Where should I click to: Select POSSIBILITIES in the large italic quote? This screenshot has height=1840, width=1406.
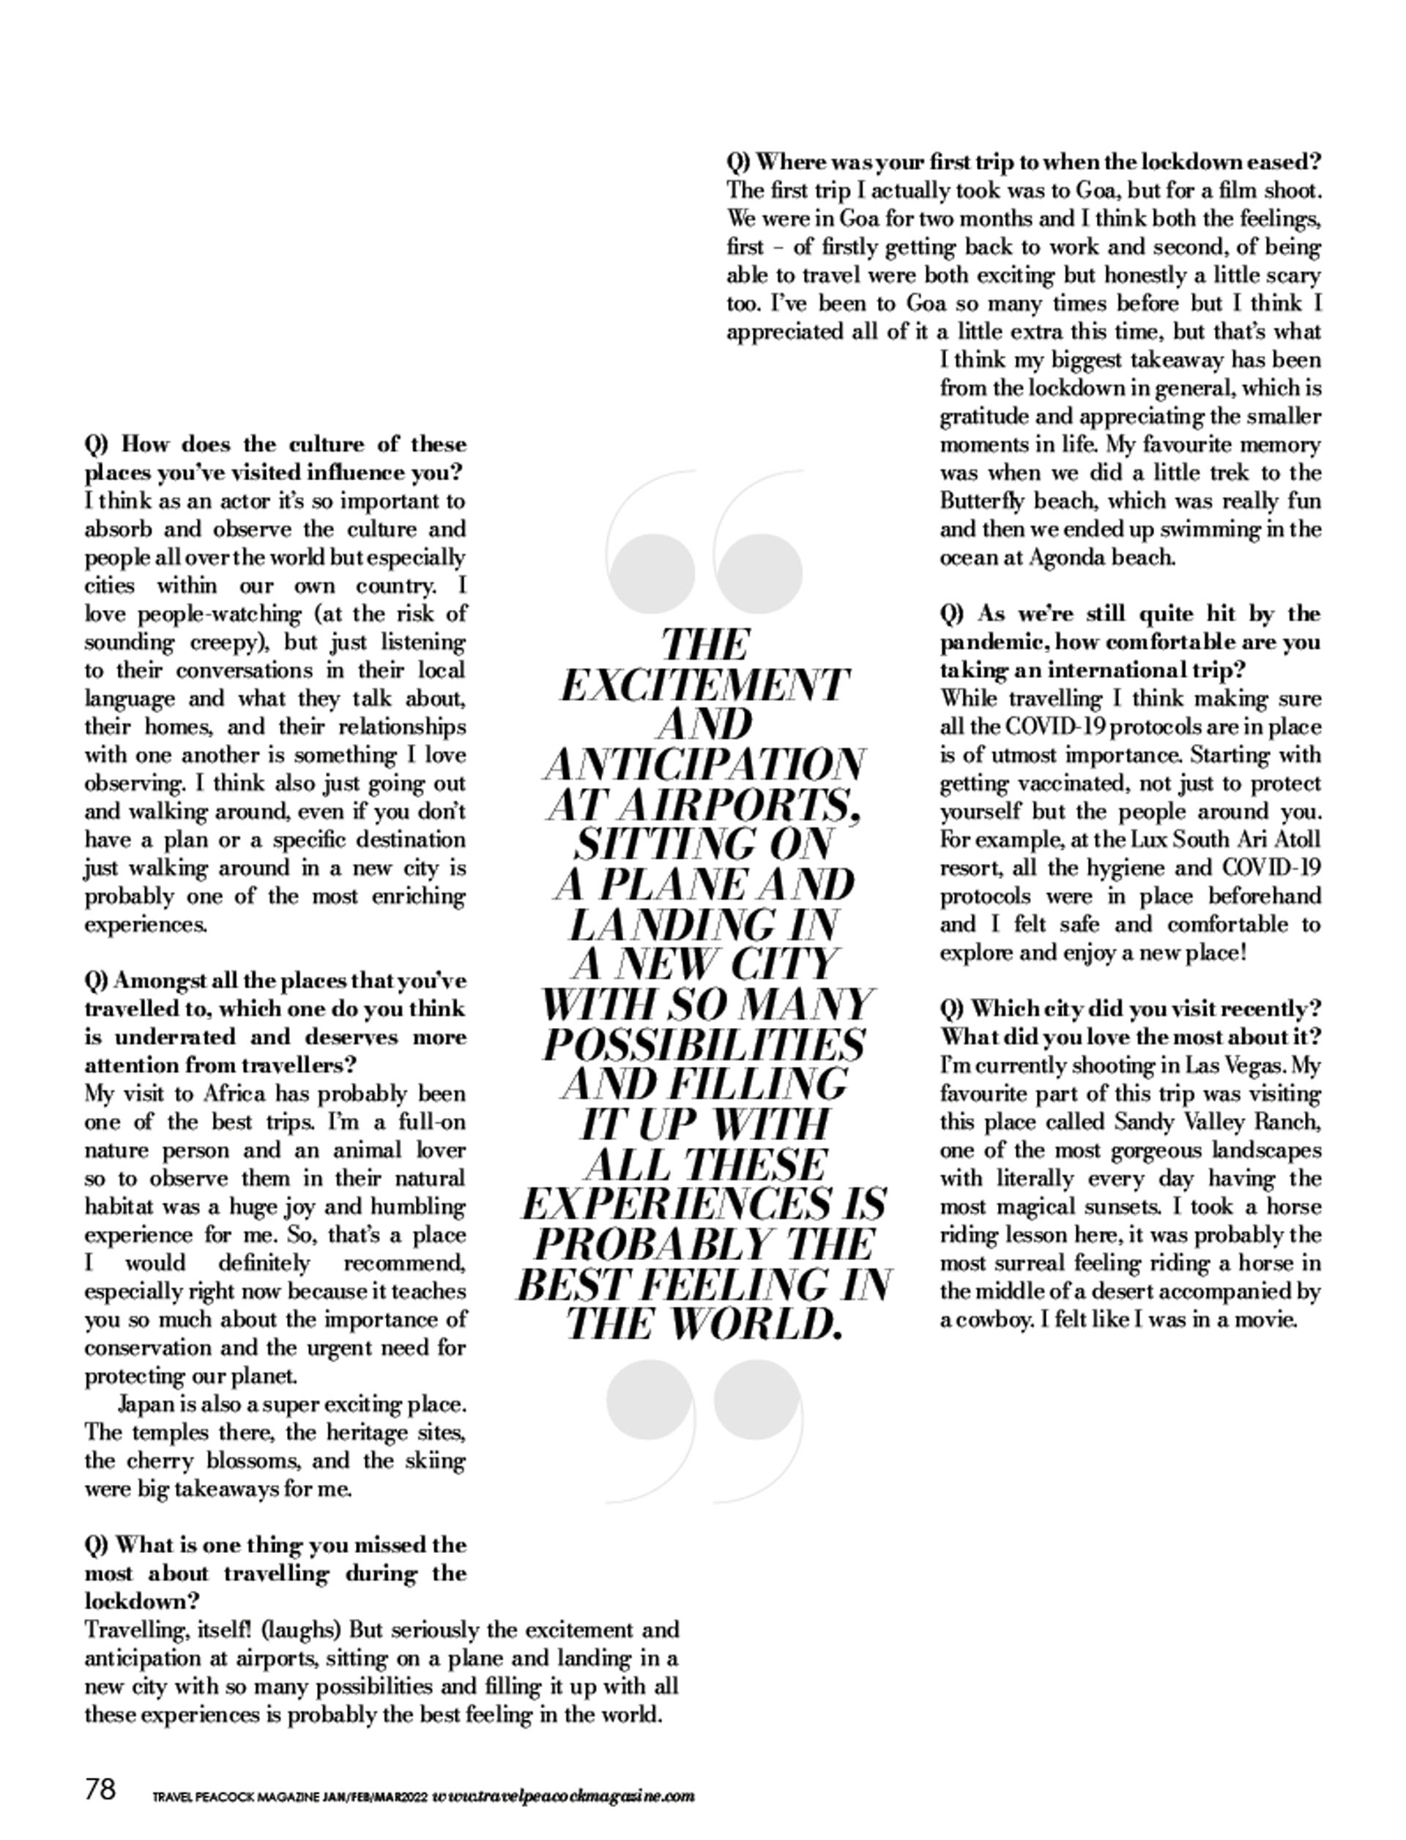pyautogui.click(x=704, y=1044)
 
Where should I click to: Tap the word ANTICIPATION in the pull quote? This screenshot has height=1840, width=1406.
pyautogui.click(x=704, y=764)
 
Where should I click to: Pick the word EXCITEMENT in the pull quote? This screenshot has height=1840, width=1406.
pyautogui.click(x=704, y=685)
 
